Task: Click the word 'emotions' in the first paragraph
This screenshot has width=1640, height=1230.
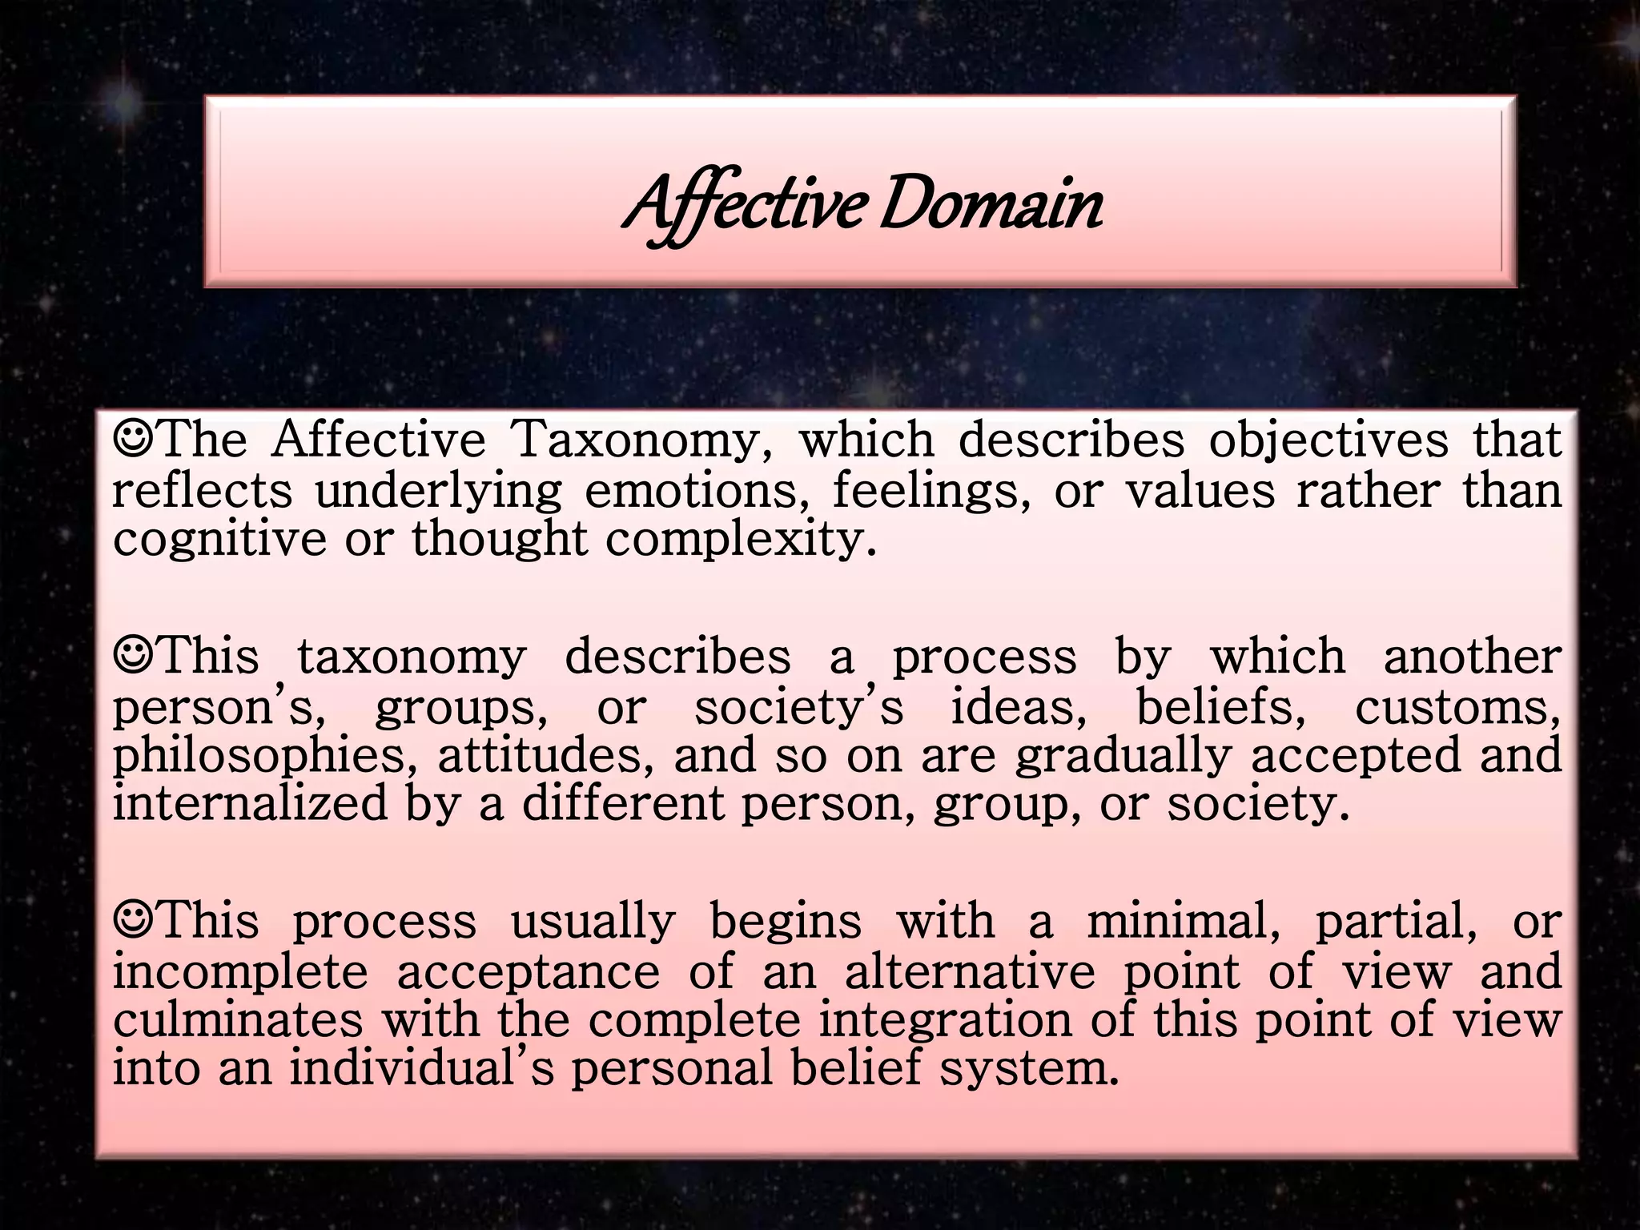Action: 697,490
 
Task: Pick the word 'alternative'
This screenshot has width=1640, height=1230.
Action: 970,971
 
